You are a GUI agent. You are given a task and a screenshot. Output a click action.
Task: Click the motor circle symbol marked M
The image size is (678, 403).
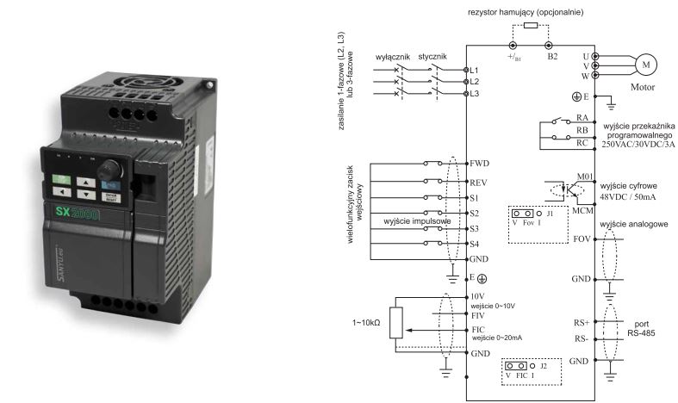645,65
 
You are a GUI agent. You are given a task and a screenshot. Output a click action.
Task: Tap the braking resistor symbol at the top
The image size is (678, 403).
531,27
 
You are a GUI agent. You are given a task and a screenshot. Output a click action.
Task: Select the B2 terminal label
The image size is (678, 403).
552,57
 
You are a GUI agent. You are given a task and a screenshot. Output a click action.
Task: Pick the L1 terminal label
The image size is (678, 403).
472,69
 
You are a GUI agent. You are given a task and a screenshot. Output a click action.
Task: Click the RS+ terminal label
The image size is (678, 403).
582,323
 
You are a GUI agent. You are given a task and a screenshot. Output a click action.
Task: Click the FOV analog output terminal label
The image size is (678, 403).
582,238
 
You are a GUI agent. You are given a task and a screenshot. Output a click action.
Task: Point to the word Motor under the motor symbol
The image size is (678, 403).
644,87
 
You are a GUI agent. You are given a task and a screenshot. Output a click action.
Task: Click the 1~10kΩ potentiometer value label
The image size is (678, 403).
365,323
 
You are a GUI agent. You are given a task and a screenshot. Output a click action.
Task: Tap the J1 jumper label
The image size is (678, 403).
549,212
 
